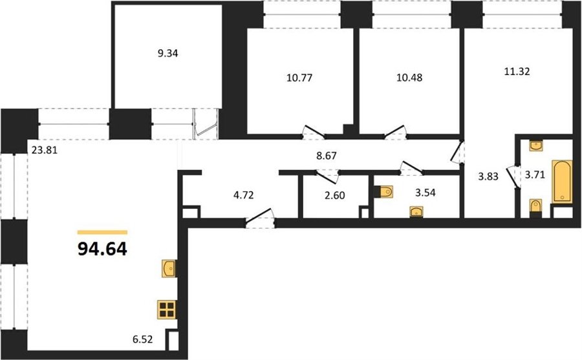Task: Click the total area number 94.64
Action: (x=102, y=249)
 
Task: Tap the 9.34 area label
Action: (x=167, y=54)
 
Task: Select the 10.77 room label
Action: (x=299, y=78)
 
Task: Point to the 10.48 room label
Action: (x=409, y=78)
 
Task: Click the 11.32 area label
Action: (x=517, y=71)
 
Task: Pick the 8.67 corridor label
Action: (x=327, y=156)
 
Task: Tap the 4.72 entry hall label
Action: (x=244, y=195)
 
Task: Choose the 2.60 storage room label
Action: (x=335, y=196)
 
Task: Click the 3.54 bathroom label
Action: (x=425, y=193)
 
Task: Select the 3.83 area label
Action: (x=488, y=176)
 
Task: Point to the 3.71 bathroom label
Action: (x=535, y=175)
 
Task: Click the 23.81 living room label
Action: (x=45, y=151)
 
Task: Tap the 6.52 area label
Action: (x=142, y=339)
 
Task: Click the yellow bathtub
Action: (x=562, y=182)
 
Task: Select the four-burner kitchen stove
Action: (x=167, y=310)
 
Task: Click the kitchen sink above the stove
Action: (x=169, y=268)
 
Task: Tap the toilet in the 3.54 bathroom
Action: (x=383, y=192)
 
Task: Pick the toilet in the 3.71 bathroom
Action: (x=535, y=206)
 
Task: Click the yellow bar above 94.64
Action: (x=102, y=232)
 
